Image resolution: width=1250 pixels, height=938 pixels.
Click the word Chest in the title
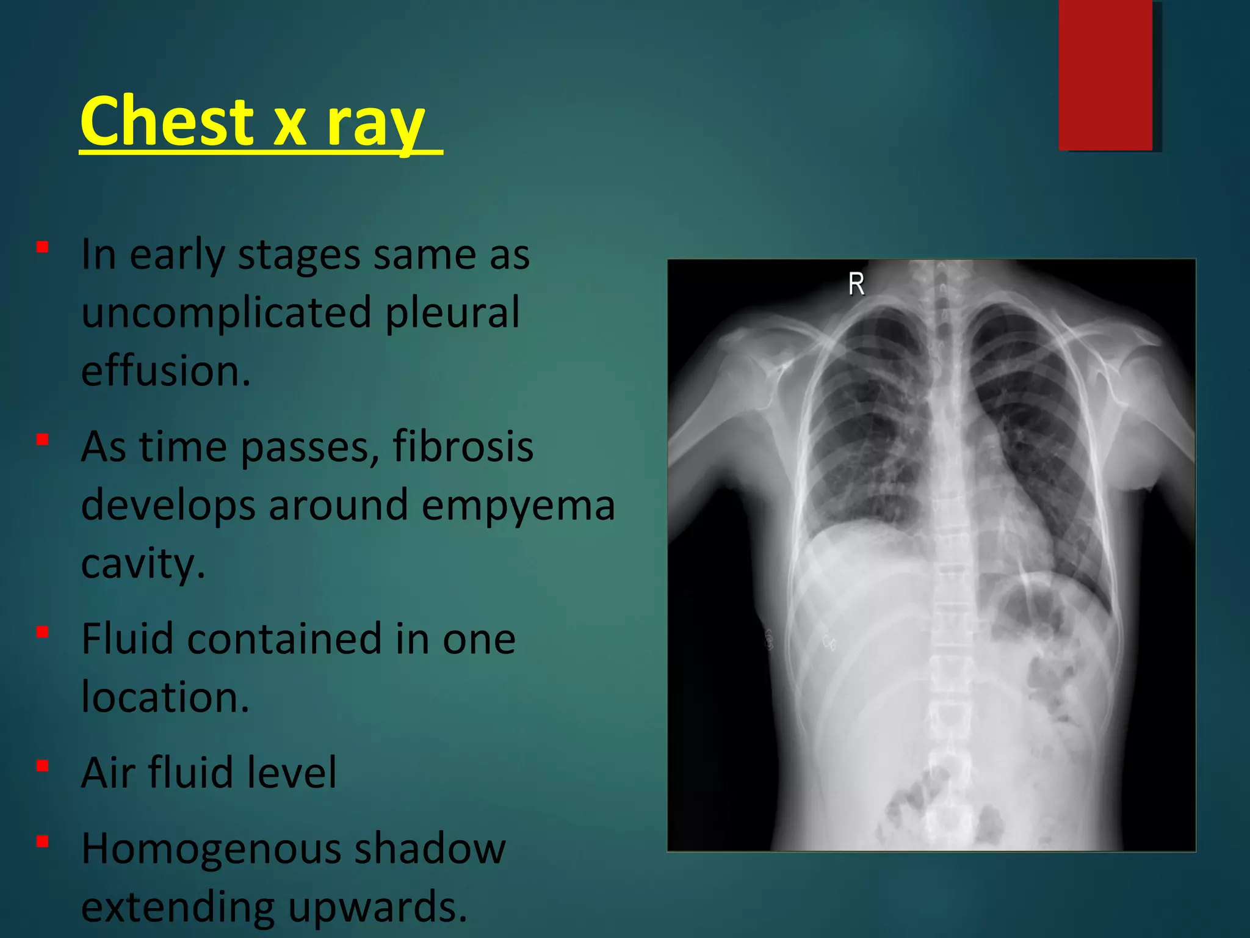pyautogui.click(x=167, y=122)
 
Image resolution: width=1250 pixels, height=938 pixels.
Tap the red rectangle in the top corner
pyautogui.click(x=1105, y=75)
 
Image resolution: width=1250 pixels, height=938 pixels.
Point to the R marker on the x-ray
pyautogui.click(x=856, y=285)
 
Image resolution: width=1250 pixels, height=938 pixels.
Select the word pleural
pyautogui.click(x=452, y=312)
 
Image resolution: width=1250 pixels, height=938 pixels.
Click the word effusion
pyautogui.click(x=165, y=371)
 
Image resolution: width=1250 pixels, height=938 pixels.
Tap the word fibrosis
pyautogui.click(x=463, y=446)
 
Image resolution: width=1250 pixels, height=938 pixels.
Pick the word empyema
pyautogui.click(x=518, y=506)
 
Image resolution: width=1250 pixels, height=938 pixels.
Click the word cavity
pyautogui.click(x=143, y=564)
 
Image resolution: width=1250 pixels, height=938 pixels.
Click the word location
pyautogui.click(x=165, y=697)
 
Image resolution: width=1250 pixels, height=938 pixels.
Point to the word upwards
pyautogui.click(x=378, y=907)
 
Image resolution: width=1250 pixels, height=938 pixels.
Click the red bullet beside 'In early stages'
pyautogui.click(x=42, y=247)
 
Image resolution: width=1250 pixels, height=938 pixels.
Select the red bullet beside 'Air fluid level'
pyautogui.click(x=42, y=766)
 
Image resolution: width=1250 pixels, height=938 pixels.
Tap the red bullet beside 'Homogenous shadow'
pyautogui.click(x=42, y=842)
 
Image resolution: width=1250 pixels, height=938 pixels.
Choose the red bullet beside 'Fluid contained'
pyautogui.click(x=42, y=632)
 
